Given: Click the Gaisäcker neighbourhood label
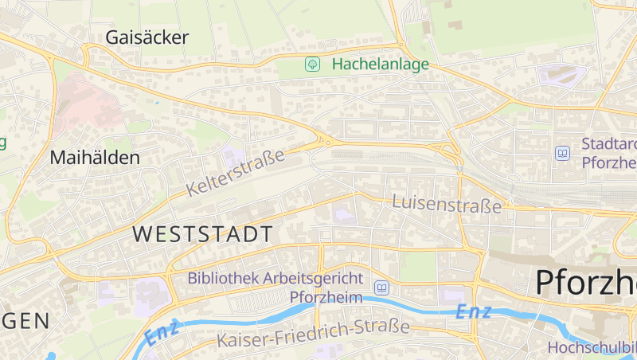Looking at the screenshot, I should click(147, 37).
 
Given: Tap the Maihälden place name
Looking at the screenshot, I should click(95, 158).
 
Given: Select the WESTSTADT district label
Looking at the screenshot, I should click(202, 234).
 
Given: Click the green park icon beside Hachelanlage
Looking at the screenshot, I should click(313, 65).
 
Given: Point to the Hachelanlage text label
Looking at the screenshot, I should click(381, 65).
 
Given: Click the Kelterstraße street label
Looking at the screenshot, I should click(236, 174).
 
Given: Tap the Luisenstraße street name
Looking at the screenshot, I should click(447, 204).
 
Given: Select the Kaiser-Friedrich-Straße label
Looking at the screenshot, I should click(313, 334).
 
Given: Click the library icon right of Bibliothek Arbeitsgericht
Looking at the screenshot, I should click(382, 288).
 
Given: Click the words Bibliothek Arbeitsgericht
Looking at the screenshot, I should click(276, 279).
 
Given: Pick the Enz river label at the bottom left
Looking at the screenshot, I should click(162, 334).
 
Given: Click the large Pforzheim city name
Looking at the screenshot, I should click(585, 282).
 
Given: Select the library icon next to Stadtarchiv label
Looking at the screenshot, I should click(564, 153).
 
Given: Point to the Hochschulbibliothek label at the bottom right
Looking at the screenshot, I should click(592, 347).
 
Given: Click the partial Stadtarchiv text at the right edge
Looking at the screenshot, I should click(609, 153).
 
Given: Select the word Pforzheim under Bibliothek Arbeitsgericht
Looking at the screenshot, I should click(326, 297).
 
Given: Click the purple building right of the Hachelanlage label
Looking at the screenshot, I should click(561, 76).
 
